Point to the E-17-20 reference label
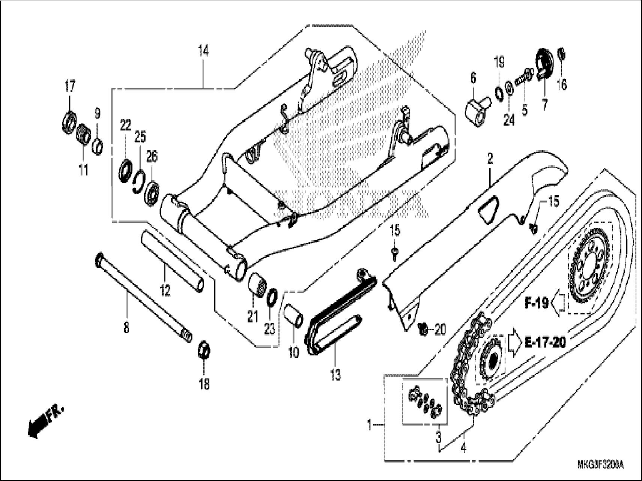[x=544, y=343]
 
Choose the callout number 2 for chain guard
[x=489, y=160]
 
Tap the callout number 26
[x=151, y=157]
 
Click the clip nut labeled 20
[x=423, y=329]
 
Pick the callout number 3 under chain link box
[x=438, y=437]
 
